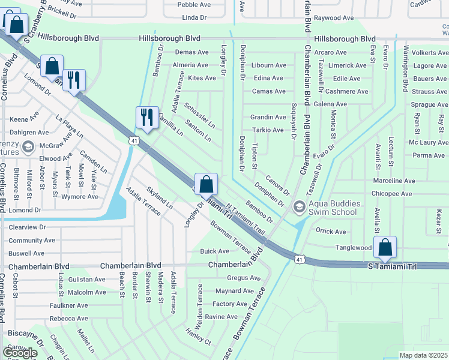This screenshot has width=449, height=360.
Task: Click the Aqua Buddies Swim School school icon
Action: (x=298, y=207)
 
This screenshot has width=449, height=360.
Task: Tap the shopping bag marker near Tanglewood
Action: (x=385, y=247)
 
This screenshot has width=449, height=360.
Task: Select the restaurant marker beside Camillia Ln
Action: (x=147, y=116)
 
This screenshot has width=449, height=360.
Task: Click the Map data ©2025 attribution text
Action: (x=423, y=355)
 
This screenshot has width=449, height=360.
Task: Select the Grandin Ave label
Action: (x=268, y=117)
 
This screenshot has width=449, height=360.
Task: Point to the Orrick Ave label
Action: (x=331, y=232)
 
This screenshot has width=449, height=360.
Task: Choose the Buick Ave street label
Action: (x=214, y=251)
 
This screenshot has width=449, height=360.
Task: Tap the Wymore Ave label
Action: (x=80, y=196)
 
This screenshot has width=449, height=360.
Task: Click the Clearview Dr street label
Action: (x=26, y=227)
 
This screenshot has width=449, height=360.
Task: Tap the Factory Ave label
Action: (x=230, y=304)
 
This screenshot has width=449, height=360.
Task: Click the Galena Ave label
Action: (x=330, y=104)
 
